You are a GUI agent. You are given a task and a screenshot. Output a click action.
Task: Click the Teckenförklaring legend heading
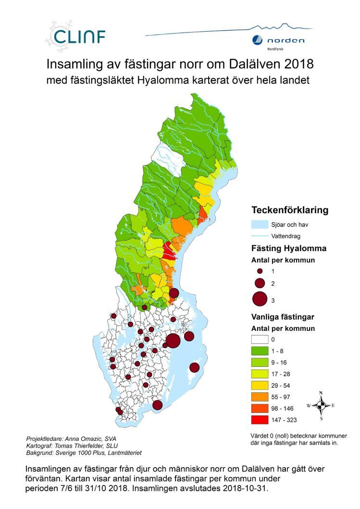290,210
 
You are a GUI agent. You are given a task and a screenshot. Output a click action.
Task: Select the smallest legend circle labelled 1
260,271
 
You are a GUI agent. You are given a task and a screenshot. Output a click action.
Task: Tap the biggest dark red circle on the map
173,340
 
